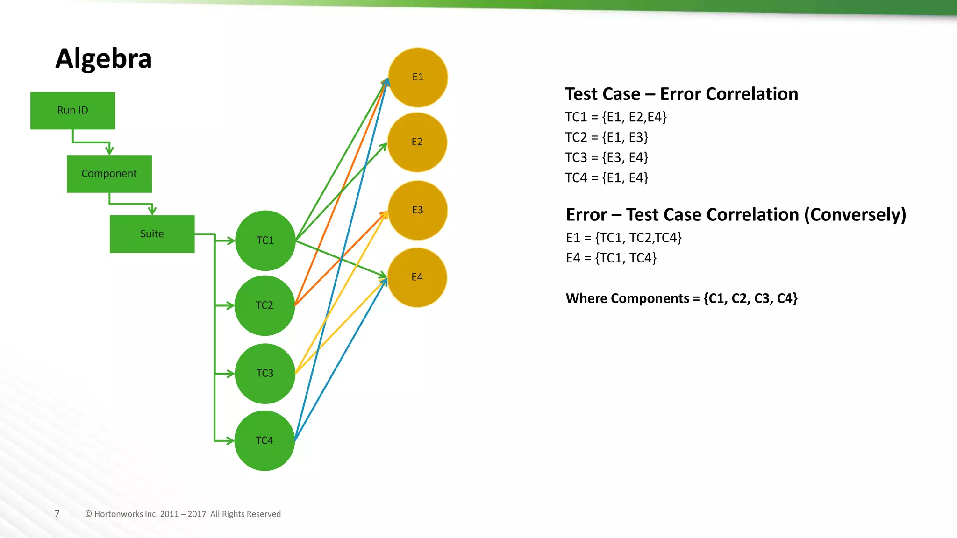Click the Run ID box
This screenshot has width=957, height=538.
pos(72,110)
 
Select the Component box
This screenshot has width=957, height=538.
pos(109,174)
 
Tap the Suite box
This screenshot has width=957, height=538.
pos(152,234)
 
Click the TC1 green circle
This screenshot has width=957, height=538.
pos(265,241)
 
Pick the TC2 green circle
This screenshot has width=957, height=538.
pos(264,305)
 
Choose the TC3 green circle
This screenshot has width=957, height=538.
pos(265,374)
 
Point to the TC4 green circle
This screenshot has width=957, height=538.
pos(264,440)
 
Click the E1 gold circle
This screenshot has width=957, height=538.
pos(418,77)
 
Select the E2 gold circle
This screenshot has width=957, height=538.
pos(417,142)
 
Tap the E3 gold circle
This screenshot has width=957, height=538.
pos(418,210)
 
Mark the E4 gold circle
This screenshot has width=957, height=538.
pos(417,277)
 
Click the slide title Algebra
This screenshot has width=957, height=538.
pos(103,59)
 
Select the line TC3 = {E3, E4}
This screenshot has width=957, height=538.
pos(607,158)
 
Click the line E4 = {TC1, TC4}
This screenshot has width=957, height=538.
pos(611,258)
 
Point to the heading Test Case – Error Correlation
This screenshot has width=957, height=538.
pos(681,94)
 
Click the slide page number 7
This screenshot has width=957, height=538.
pos(57,514)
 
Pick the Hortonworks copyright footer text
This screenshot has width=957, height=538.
pos(183,514)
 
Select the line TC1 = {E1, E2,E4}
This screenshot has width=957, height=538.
pos(615,117)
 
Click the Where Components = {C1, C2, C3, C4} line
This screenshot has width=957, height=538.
pos(681,298)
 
